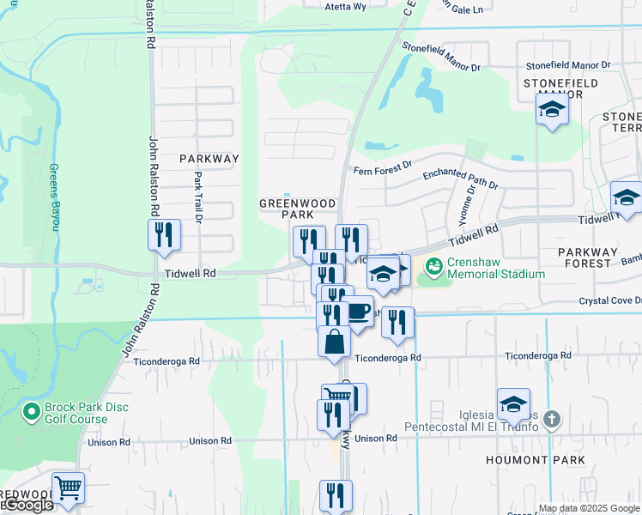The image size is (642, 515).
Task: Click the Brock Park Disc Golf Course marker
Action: [x=32, y=413]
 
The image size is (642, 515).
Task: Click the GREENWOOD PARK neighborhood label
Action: [x=297, y=209]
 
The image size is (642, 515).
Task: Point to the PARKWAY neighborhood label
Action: [x=209, y=159]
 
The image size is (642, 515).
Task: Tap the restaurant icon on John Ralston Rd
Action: [x=162, y=235]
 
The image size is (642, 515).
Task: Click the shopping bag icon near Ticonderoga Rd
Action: [x=334, y=341]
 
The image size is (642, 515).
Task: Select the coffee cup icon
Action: [x=357, y=312]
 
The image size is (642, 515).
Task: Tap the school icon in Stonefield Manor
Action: [x=553, y=110]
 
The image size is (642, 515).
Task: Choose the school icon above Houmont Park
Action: [x=513, y=403]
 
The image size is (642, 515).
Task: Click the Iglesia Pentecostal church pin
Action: [x=552, y=420]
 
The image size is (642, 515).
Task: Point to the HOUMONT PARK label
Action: [x=548, y=460]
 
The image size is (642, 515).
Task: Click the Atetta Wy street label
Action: [x=345, y=6]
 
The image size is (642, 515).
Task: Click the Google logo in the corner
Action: [x=27, y=505]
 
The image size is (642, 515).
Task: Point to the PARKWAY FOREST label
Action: [x=593, y=252]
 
